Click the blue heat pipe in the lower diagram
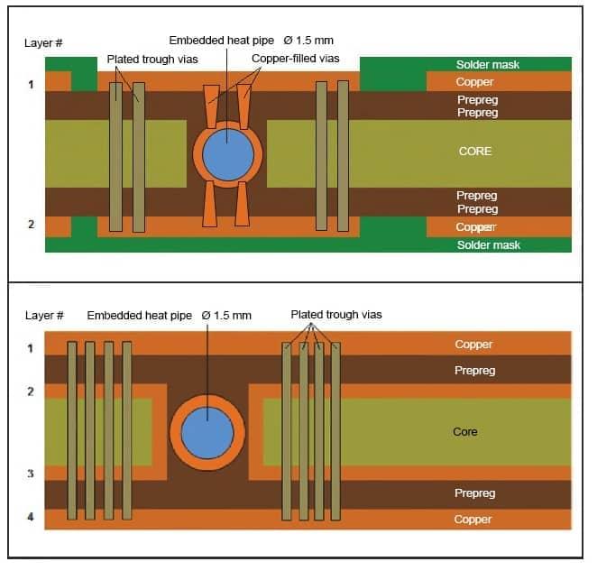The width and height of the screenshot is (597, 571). [207, 432]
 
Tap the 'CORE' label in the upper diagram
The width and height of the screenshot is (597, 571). [475, 151]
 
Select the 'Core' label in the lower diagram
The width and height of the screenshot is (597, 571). [465, 432]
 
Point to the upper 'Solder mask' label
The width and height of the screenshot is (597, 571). [488, 65]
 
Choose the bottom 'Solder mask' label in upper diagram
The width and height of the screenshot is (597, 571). [488, 245]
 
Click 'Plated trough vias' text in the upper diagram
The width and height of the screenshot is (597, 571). [152, 59]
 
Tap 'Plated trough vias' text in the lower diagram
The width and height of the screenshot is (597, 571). [336, 315]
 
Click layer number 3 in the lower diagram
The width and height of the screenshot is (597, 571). [31, 474]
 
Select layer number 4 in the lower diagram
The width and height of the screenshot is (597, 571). [31, 518]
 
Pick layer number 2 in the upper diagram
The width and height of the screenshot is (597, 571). [31, 224]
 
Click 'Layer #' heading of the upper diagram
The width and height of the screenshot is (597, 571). [43, 43]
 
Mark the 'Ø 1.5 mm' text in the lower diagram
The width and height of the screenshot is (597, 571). [227, 315]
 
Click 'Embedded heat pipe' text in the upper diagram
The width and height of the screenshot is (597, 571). [221, 41]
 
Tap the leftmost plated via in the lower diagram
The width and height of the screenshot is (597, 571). [72, 431]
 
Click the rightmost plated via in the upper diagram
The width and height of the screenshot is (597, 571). [343, 155]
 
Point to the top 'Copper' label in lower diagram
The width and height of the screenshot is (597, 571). [473, 345]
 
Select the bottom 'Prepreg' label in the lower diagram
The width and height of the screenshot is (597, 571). [474, 493]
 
